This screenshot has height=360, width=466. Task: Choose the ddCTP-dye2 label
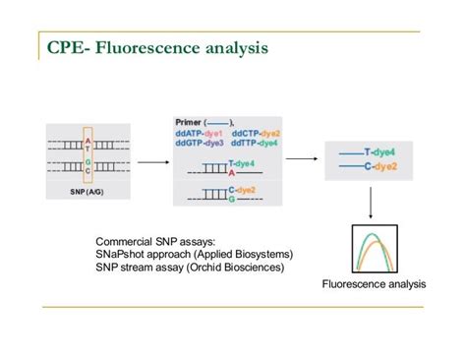point(256,133)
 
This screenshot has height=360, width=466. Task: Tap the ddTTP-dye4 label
point(256,143)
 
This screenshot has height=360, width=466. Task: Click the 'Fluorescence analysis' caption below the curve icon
point(374,285)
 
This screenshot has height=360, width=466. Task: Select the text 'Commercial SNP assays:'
point(156,242)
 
